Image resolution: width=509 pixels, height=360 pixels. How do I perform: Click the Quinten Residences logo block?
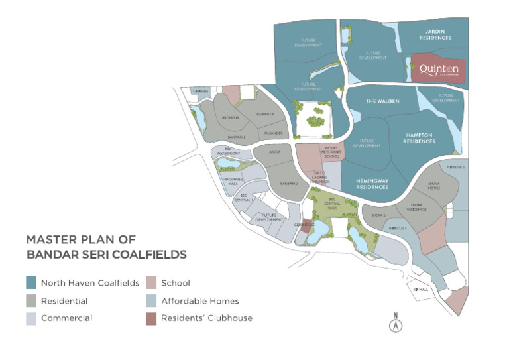tap(438, 69)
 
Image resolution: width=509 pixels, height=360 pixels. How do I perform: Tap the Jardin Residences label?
tap(435, 34)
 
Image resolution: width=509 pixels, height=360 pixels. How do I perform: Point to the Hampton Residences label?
tap(420, 138)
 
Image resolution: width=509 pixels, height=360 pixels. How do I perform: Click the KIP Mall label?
tap(417, 290)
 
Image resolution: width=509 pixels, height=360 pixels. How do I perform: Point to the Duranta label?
tap(265, 114)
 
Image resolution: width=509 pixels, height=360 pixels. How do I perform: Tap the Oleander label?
tap(273, 133)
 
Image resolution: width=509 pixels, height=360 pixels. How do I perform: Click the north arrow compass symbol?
tap(394, 324)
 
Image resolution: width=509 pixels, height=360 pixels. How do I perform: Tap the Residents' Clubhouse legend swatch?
tap(150, 318)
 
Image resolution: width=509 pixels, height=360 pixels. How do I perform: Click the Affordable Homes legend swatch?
tap(150, 300)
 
